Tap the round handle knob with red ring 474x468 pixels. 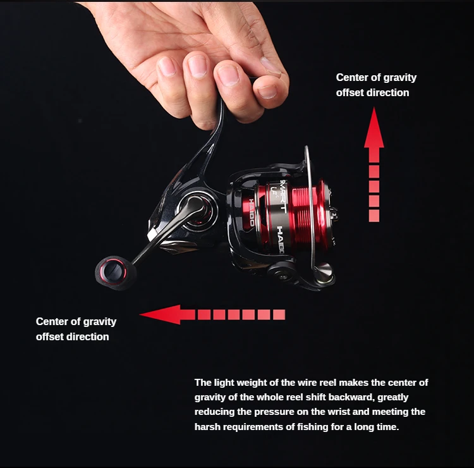[x=113, y=271]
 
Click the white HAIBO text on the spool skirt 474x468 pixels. [x=280, y=240]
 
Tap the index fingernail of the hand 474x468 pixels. [x=167, y=66]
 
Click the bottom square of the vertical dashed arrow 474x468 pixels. [x=374, y=216]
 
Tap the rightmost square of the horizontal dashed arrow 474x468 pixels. [x=279, y=314]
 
